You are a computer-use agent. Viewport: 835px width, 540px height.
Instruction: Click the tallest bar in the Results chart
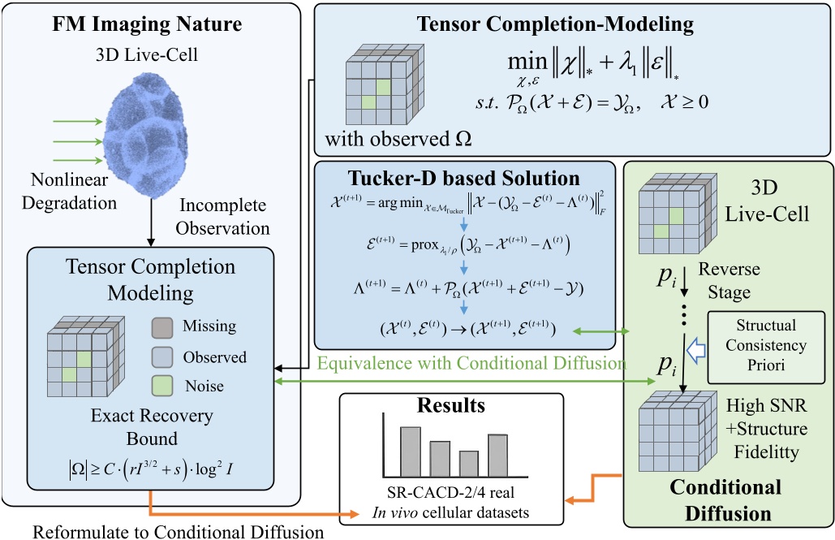point(411,451)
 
